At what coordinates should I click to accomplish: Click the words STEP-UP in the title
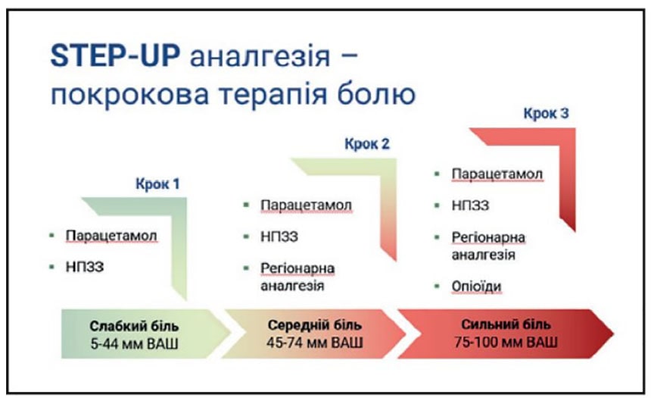tap(115, 56)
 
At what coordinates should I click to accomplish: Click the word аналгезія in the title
tap(260, 57)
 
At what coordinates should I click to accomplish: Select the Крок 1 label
tap(157, 183)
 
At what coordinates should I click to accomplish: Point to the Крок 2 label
tap(367, 144)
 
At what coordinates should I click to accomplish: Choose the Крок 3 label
tap(546, 113)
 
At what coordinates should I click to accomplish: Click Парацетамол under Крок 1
tap(111, 236)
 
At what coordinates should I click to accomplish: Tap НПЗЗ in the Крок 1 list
tap(85, 267)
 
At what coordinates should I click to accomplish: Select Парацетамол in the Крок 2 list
tap(306, 205)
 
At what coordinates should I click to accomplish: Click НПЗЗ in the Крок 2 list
tap(279, 237)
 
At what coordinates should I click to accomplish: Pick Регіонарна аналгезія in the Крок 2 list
tap(297, 277)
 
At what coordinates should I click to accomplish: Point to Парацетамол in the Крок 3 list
tap(497, 174)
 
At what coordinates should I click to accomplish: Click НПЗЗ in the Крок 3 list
tap(470, 205)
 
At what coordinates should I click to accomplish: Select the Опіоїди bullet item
tap(476, 287)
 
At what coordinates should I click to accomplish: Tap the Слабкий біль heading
tap(134, 326)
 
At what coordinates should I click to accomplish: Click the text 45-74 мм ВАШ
tap(315, 343)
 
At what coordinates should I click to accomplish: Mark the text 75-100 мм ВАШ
tap(506, 342)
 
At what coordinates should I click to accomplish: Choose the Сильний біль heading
tap(506, 324)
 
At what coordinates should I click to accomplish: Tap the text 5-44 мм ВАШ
tap(134, 344)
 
